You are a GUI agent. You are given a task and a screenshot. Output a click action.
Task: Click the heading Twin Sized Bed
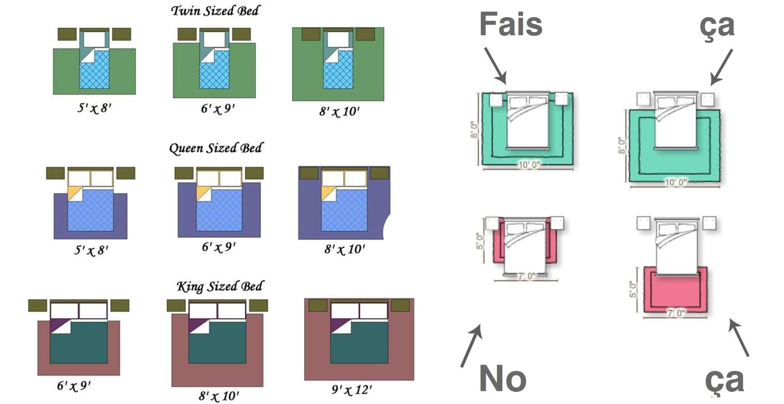click(x=215, y=11)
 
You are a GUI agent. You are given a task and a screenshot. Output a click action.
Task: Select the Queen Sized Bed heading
click(x=216, y=148)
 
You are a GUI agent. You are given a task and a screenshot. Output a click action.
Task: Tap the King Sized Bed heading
click(x=220, y=286)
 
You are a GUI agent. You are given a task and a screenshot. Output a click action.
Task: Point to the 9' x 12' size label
click(x=351, y=390)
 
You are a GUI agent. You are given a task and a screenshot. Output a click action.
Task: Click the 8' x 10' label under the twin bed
click(x=339, y=112)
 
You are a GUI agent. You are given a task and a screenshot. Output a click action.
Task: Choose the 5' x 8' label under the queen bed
click(x=91, y=250)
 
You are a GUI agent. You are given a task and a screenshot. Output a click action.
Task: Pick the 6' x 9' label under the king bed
click(x=73, y=386)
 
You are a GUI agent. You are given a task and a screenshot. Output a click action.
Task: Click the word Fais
click(x=511, y=24)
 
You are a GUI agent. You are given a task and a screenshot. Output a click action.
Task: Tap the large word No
click(x=503, y=379)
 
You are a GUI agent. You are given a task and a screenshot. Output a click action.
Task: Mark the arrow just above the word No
click(x=471, y=345)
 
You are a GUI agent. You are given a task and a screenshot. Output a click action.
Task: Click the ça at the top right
click(x=717, y=25)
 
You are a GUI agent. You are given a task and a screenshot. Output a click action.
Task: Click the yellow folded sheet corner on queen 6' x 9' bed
click(x=203, y=193)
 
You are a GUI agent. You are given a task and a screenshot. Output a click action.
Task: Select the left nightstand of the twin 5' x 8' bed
click(x=67, y=34)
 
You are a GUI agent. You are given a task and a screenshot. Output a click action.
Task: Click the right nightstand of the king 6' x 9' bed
click(x=120, y=306)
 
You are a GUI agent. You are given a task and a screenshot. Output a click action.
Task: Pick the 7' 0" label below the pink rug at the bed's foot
click(x=676, y=313)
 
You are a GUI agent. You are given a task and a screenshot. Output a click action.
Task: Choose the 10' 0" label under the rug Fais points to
click(x=529, y=165)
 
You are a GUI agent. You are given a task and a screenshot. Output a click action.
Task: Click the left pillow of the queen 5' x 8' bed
click(x=79, y=178)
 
